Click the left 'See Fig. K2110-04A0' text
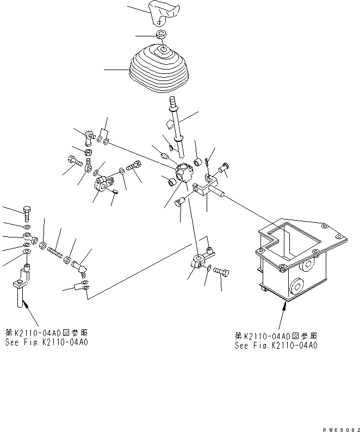47,342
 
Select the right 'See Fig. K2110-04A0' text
276,345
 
